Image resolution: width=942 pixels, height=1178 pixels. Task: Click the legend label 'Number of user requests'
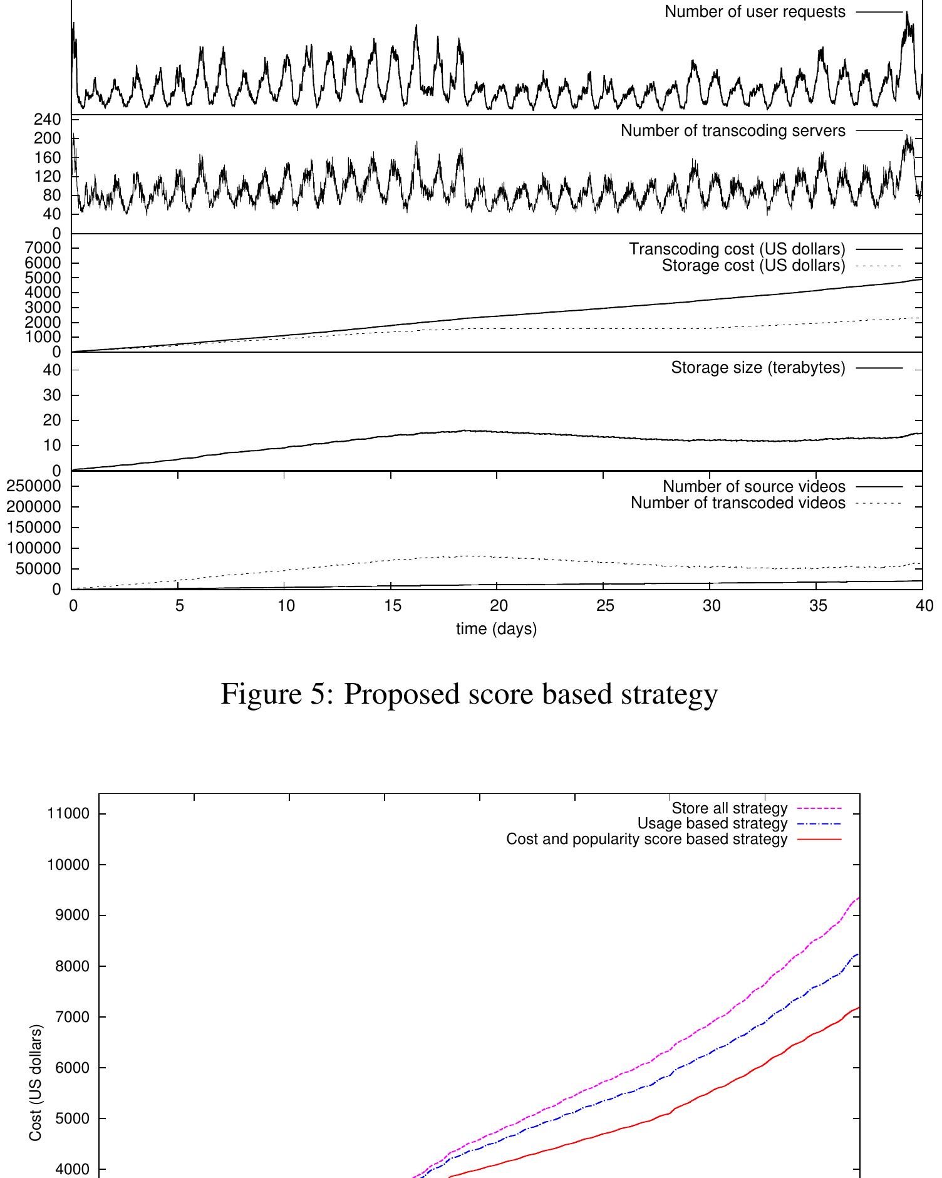[x=755, y=12]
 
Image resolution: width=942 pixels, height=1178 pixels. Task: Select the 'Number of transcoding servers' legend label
[x=733, y=131]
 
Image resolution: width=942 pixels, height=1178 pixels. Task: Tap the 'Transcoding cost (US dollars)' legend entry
[x=737, y=249]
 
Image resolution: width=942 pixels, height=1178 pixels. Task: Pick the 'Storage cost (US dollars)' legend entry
[x=753, y=266]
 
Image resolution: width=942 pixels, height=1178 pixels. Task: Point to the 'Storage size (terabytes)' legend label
[x=758, y=368]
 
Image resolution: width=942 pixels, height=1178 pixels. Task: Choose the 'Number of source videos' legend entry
[x=754, y=486]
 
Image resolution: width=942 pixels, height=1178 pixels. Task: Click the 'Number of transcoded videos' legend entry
[x=738, y=503]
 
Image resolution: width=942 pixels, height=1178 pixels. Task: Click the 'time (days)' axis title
[x=496, y=629]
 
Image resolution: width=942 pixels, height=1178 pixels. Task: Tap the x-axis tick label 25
[x=605, y=606]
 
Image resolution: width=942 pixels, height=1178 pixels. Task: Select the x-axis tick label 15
[x=393, y=606]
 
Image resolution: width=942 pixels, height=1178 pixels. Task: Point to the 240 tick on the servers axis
[x=48, y=120]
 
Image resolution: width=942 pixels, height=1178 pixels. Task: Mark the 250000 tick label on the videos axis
[x=34, y=486]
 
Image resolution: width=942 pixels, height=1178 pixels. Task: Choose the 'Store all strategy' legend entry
[x=729, y=808]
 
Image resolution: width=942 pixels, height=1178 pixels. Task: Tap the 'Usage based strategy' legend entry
[x=712, y=823]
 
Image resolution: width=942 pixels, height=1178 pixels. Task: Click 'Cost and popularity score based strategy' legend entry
[x=646, y=839]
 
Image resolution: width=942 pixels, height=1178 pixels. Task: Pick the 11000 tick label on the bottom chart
[x=68, y=814]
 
